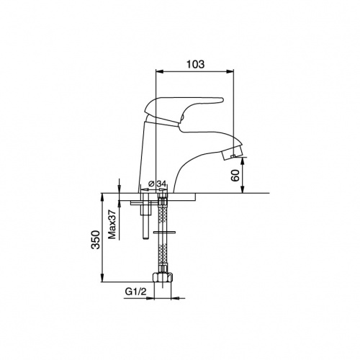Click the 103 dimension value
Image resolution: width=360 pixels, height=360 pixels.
tap(196, 64)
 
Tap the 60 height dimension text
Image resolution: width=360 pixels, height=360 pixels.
tap(235, 176)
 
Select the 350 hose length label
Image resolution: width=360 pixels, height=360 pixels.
tap(95, 240)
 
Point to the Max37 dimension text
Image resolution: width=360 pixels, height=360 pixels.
tap(112, 225)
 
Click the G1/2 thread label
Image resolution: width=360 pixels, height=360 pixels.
tap(135, 292)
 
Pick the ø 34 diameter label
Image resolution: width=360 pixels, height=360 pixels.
tap(158, 184)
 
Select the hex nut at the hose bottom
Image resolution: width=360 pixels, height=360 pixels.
tap(163, 277)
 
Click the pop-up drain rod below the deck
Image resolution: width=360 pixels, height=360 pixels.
tap(145, 216)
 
